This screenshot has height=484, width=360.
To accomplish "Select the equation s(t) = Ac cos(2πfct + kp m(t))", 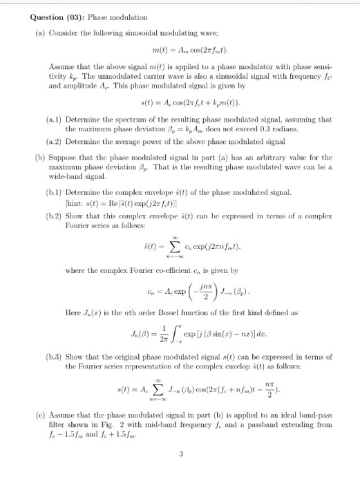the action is pos(179,104).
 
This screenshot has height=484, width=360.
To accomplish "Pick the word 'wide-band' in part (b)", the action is pos(67,176).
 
